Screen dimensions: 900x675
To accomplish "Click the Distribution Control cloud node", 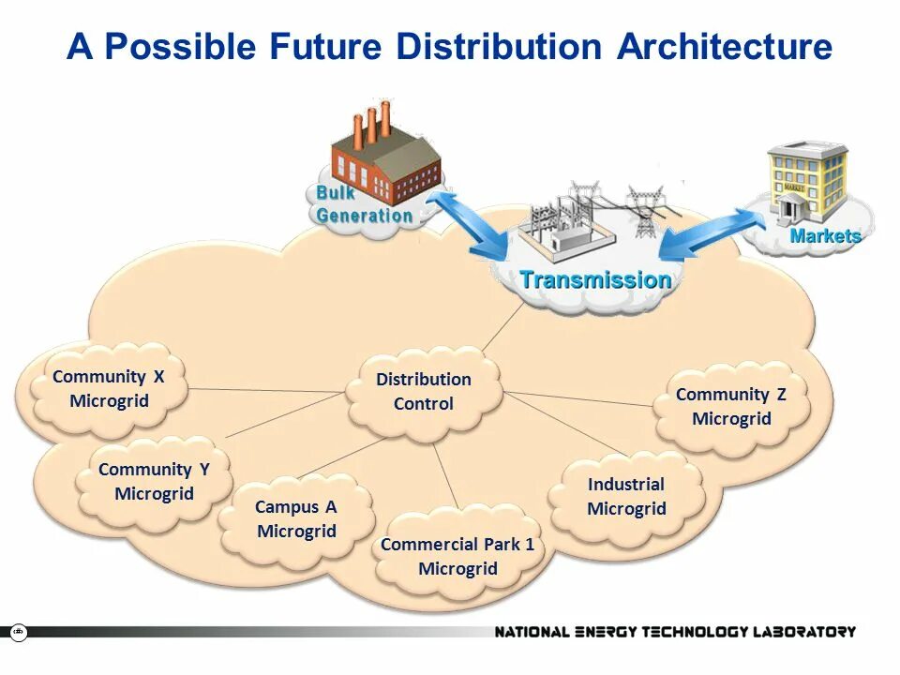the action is [424, 392].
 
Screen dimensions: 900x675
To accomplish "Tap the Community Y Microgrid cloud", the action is [154, 481].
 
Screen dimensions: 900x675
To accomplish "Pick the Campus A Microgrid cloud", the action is [296, 518].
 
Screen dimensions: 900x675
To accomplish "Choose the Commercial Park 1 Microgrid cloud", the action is [457, 556].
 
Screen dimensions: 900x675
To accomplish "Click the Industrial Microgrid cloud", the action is [626, 497].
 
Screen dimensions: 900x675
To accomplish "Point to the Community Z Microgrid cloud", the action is [731, 407].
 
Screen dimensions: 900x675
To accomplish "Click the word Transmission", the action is [595, 279].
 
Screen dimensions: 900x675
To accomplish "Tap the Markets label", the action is [825, 236].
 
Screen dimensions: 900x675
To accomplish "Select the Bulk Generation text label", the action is [364, 203].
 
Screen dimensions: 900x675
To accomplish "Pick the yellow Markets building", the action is [806, 183].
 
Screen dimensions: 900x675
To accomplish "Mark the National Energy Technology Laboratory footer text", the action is [675, 632].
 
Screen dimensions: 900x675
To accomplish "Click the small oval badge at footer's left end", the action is [19, 632].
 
